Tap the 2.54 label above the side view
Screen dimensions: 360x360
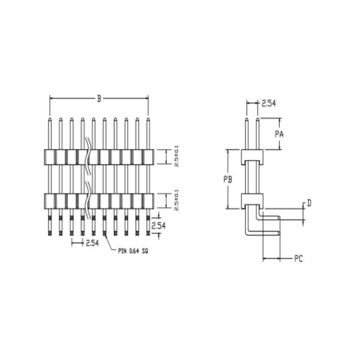pos(268,103)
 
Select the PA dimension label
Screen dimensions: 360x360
pos(279,134)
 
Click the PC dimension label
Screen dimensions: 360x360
pos(298,259)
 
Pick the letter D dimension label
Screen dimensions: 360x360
pos(308,203)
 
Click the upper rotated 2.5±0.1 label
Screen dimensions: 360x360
pos(176,155)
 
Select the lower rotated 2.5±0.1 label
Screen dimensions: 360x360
pos(176,199)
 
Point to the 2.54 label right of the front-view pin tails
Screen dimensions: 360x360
pos(158,226)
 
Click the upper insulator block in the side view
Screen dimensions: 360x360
pos(252,157)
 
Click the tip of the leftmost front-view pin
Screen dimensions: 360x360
pos(50,119)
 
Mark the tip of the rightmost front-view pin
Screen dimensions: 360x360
pos(148,119)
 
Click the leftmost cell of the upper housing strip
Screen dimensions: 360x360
pos(50,157)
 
